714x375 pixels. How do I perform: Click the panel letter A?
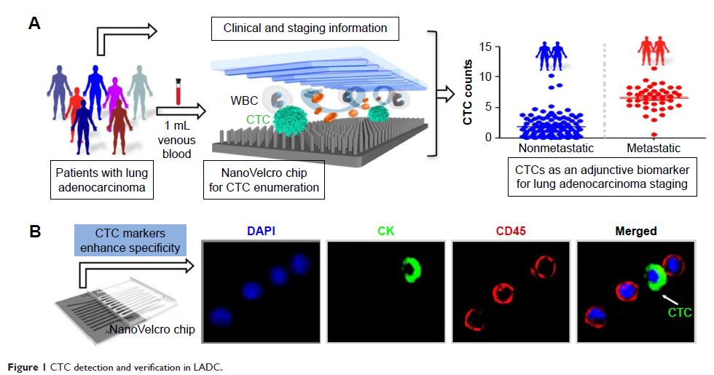point(34,23)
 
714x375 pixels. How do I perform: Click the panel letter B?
point(34,232)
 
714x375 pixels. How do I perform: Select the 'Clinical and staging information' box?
point(304,29)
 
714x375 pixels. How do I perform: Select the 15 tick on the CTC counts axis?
point(484,47)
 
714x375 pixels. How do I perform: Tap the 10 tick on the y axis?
point(484,76)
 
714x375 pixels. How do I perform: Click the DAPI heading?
point(259,232)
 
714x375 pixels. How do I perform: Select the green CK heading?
point(384,232)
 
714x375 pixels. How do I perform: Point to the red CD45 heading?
point(510,232)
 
